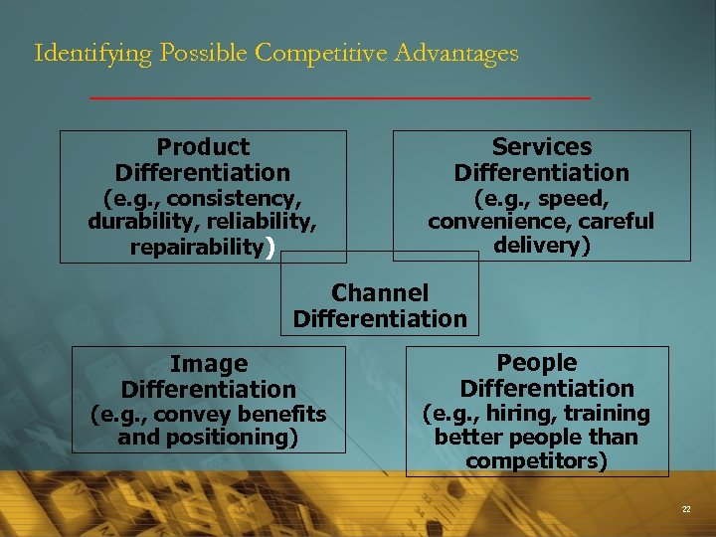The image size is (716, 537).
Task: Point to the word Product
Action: point(203,147)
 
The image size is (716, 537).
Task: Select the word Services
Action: point(542,147)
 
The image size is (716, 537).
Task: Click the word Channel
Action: point(380,292)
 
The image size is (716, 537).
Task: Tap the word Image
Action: point(209,364)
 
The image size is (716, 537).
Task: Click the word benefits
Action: point(280,414)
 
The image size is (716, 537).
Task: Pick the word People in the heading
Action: point(537,363)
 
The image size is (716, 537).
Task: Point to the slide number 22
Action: point(686,509)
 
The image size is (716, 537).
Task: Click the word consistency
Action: point(237,197)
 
